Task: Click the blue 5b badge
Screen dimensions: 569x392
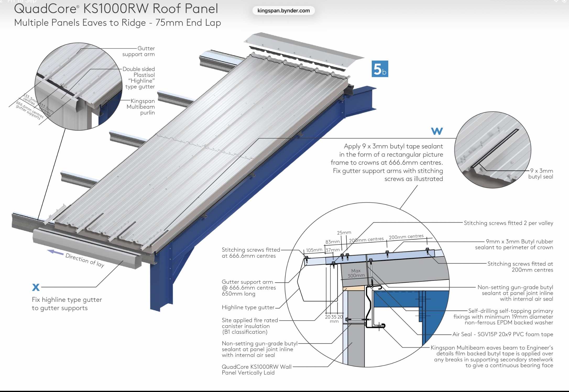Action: pos(380,69)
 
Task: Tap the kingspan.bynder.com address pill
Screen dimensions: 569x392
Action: pos(283,11)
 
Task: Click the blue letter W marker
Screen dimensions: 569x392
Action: pos(437,131)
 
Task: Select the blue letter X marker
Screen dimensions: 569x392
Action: pos(36,287)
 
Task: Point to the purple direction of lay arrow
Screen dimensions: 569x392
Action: pos(55,252)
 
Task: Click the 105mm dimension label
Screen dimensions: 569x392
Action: pos(314,250)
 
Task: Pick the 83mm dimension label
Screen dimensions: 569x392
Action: pos(332,242)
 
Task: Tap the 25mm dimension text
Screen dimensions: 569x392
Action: pos(344,233)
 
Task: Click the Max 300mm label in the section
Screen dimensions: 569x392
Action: pos(356,273)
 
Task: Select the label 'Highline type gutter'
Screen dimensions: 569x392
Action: pos(248,307)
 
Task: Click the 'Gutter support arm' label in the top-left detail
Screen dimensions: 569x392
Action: pos(139,51)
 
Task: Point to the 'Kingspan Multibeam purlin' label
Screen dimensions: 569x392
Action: pos(141,107)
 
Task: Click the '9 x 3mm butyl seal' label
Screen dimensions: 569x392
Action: pos(541,174)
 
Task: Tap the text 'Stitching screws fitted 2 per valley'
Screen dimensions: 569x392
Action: pos(508,223)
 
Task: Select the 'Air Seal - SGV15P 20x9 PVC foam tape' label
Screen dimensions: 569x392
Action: pos(503,334)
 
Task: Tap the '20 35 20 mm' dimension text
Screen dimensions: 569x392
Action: pos(334,319)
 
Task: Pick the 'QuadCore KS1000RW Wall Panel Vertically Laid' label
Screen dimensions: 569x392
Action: pos(257,370)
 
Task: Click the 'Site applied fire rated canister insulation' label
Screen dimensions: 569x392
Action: pos(250,326)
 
